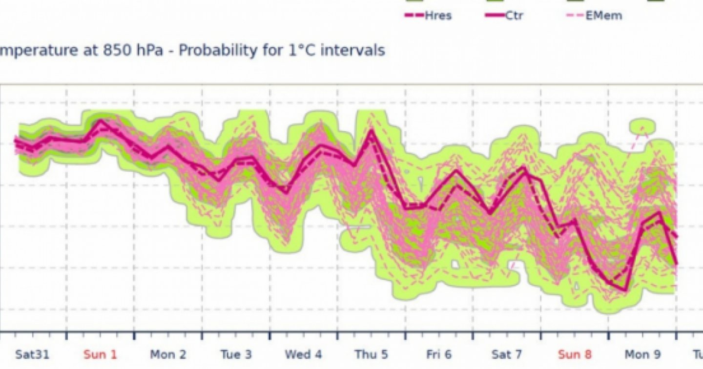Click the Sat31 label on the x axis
pyautogui.click(x=32, y=354)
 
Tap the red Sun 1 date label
pyautogui.click(x=100, y=354)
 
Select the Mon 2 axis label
pyautogui.click(x=168, y=354)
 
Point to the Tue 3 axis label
pyautogui.click(x=236, y=354)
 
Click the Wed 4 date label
pyautogui.click(x=304, y=354)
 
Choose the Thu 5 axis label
pyautogui.click(x=371, y=354)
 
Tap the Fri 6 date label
pyautogui.click(x=439, y=354)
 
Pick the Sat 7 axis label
pyautogui.click(x=507, y=354)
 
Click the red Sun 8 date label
pyautogui.click(x=575, y=354)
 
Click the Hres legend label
pyautogui.click(x=438, y=16)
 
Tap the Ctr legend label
pyautogui.click(x=514, y=16)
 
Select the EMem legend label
pyautogui.click(x=604, y=16)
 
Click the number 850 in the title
pyautogui.click(x=116, y=50)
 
